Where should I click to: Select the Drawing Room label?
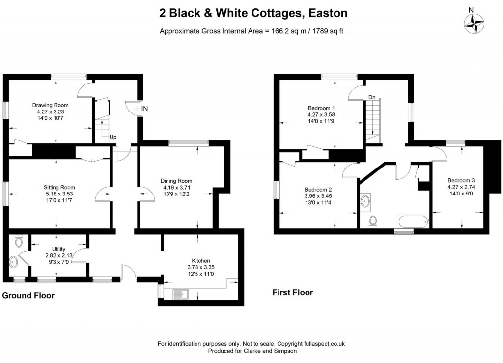[50, 105]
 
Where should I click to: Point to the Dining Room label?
[177, 181]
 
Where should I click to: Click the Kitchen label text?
[201, 260]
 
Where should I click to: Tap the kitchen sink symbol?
[182, 295]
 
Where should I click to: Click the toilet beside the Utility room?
[19, 241]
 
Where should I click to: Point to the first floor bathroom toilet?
[373, 222]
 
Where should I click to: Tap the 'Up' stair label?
[113, 137]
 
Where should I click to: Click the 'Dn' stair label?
[372, 97]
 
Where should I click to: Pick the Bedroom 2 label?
[318, 190]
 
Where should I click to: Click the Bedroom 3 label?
[460, 180]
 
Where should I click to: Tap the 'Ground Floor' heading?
[28, 295]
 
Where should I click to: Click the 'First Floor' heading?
[293, 292]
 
